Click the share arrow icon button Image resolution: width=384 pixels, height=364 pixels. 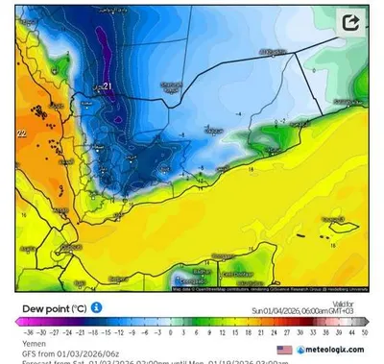[x=351, y=21]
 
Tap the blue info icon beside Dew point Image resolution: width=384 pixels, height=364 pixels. [x=97, y=308]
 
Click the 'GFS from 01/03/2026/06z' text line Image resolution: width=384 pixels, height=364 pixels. [x=61, y=352]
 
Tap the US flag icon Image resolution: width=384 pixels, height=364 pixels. [x=284, y=352]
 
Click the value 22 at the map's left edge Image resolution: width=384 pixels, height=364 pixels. [x=21, y=135]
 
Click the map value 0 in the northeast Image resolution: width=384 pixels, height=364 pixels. [x=313, y=71]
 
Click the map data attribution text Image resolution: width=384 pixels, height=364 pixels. [x=269, y=287]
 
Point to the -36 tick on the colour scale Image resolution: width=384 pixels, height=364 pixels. [x=21, y=333]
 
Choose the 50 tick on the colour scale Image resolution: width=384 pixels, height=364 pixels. [x=363, y=333]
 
